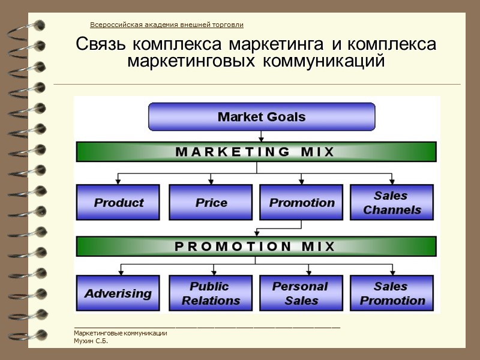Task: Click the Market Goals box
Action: point(262,117)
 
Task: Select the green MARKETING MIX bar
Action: point(256,152)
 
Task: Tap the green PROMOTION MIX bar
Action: point(256,246)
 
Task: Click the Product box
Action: point(118,202)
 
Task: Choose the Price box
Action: point(211,202)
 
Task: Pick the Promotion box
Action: point(301,202)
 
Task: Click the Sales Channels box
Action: point(391,202)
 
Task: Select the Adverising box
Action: point(118,293)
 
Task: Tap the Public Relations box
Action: point(211,293)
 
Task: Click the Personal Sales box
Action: point(301,293)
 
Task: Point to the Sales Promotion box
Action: point(391,293)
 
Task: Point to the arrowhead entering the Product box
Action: point(118,181)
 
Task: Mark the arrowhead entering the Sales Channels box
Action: point(391,181)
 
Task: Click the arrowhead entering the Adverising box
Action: point(121,272)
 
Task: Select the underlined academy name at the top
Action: point(167,25)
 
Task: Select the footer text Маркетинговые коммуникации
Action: point(120,334)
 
